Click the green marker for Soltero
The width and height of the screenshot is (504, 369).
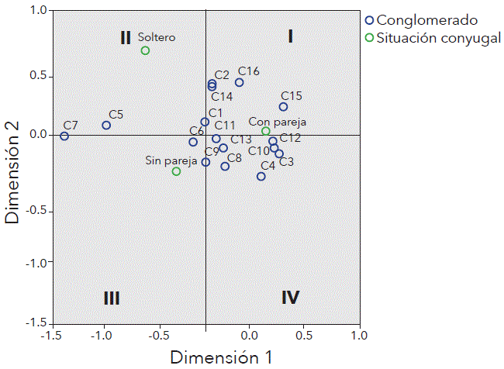click(145, 51)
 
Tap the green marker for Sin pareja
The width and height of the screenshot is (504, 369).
click(176, 171)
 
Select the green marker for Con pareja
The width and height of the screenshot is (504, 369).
click(266, 131)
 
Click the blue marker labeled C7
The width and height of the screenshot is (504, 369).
click(64, 136)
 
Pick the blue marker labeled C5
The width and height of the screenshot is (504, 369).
click(106, 126)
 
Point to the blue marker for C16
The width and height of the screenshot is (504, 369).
click(239, 82)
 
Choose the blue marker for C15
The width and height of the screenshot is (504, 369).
click(283, 107)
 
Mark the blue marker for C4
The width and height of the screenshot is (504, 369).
click(261, 177)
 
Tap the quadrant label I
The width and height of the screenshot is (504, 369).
click(290, 36)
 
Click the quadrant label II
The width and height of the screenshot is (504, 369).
click(126, 37)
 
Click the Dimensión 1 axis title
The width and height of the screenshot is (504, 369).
click(221, 357)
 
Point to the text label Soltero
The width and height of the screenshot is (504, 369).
click(157, 36)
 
